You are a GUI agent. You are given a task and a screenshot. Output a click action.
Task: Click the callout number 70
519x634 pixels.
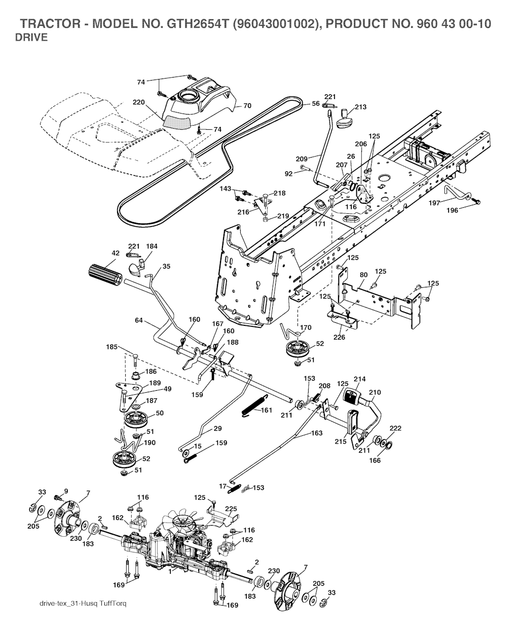[x=247, y=106]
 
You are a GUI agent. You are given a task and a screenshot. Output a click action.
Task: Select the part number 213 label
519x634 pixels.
[x=361, y=107]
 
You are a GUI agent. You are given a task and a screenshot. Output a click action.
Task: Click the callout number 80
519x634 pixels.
[x=363, y=275]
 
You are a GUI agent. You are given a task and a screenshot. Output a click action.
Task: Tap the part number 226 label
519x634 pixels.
[x=339, y=337]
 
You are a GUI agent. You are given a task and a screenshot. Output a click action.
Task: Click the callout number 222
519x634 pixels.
[x=395, y=429]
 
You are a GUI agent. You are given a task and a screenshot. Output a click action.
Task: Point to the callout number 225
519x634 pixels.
[x=231, y=508]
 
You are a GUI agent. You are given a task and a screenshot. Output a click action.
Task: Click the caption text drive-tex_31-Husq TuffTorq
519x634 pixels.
[x=83, y=604]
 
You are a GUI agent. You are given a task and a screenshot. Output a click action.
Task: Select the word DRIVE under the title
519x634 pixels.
[x=31, y=38]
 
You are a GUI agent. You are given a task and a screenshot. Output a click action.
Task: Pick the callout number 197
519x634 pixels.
[x=434, y=203]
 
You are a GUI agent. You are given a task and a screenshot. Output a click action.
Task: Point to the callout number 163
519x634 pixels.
[x=316, y=433]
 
